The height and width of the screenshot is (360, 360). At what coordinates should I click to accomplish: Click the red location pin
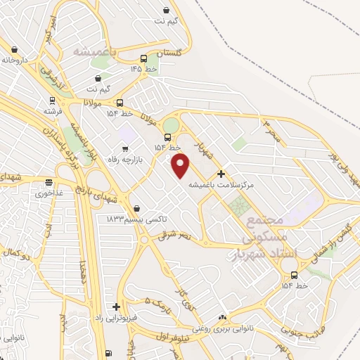coord(181,166)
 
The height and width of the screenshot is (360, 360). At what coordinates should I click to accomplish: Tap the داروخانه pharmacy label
coord(14,60)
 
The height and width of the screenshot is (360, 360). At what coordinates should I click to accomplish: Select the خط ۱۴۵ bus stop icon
coord(144,59)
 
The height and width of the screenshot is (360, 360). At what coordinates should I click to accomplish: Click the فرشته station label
coord(52,111)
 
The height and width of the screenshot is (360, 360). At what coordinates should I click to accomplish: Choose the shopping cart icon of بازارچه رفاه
coord(126,148)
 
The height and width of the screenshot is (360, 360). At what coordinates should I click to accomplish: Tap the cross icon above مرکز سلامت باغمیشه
coord(221,174)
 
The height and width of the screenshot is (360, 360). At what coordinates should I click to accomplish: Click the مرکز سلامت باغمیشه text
coord(221,184)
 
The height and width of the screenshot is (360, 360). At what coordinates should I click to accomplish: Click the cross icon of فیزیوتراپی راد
coord(116,307)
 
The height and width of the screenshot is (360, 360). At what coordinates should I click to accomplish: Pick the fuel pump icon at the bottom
coord(108,353)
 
